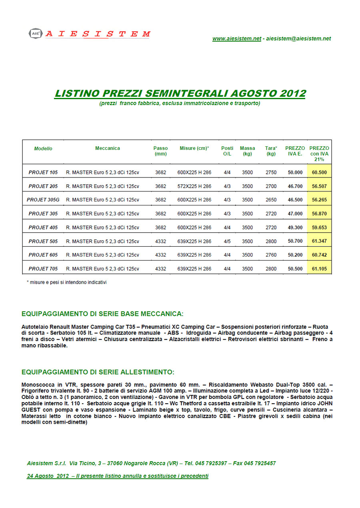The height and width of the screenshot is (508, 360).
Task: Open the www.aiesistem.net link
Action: pyautogui.click(x=236, y=39)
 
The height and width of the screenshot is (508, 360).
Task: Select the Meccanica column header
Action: pyautogui.click(x=107, y=148)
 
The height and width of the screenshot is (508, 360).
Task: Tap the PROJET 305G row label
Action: pyautogui.click(x=43, y=200)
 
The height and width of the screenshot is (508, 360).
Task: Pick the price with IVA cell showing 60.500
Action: pyautogui.click(x=319, y=173)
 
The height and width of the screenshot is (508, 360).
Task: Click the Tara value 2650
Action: pyautogui.click(x=271, y=200)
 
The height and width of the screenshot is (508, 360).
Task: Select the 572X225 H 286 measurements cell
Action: pyautogui.click(x=194, y=186)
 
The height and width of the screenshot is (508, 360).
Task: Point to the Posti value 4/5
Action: pyautogui.click(x=227, y=241)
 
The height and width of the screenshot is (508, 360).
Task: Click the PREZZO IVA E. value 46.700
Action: pyautogui.click(x=295, y=186)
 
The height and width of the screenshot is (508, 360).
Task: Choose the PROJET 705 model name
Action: pyautogui.click(x=43, y=269)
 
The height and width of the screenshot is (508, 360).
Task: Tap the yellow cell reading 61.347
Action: pyautogui.click(x=319, y=241)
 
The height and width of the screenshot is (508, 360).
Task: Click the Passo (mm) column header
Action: pyautogui.click(x=160, y=151)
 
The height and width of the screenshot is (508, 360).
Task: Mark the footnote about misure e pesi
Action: pyautogui.click(x=66, y=282)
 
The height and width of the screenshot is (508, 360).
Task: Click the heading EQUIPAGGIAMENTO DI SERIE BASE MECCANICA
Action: pyautogui.click(x=102, y=313)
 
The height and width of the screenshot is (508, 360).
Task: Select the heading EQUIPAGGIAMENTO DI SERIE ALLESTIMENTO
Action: pyautogui.click(x=98, y=372)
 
